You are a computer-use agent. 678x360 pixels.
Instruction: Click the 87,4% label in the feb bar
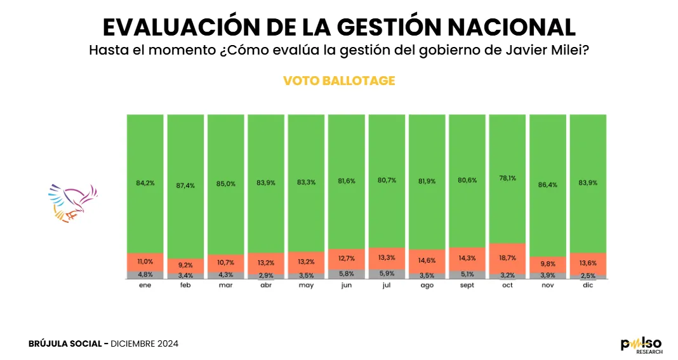click(x=185, y=186)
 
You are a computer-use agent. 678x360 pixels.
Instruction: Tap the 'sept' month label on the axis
click(x=467, y=285)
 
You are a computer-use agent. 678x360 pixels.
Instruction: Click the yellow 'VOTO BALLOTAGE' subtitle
click(x=339, y=81)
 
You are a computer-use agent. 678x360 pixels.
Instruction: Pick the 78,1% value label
click(x=507, y=180)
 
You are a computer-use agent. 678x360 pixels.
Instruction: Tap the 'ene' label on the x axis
click(x=145, y=285)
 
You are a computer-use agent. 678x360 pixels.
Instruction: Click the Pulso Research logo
click(x=641, y=345)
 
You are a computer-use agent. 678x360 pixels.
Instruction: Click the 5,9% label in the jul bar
click(x=387, y=274)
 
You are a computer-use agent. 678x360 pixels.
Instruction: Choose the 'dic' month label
click(x=588, y=285)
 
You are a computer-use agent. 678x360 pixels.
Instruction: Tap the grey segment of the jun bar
click(x=347, y=274)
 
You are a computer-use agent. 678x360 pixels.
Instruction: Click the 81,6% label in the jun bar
click(x=347, y=181)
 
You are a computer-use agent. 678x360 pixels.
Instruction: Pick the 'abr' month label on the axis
click(x=266, y=285)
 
